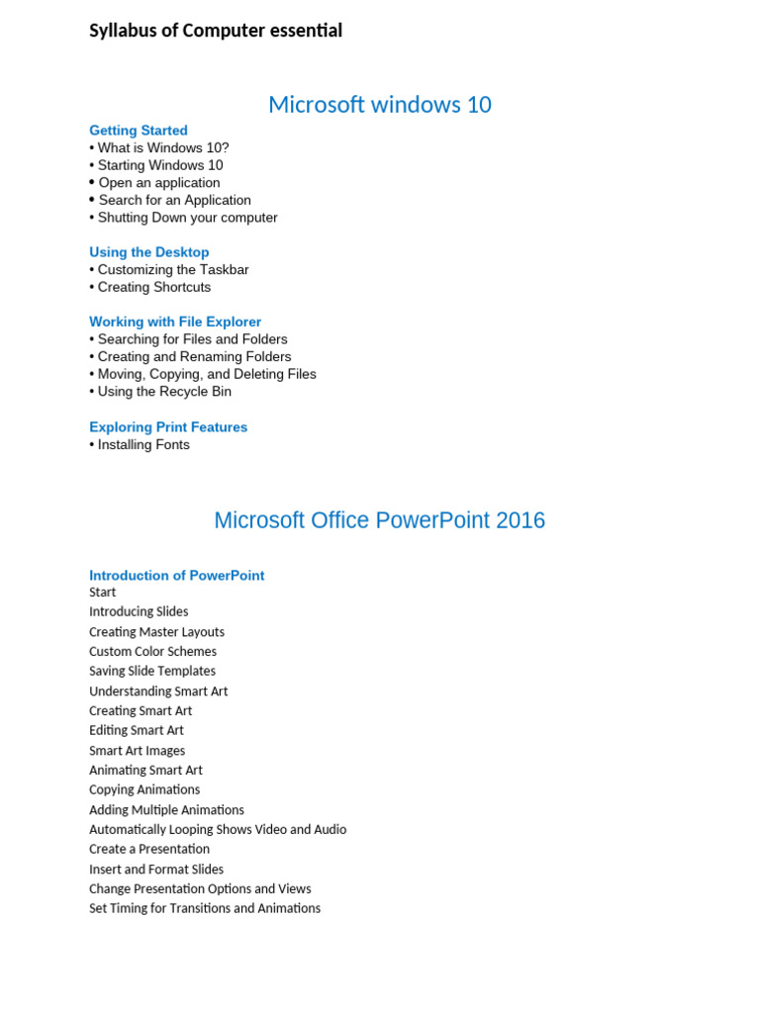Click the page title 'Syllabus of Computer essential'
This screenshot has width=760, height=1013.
tap(216, 31)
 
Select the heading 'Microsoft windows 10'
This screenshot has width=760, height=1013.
tap(379, 104)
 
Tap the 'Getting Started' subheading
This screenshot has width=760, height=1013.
tap(138, 131)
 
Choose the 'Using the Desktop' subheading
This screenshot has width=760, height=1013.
tap(148, 252)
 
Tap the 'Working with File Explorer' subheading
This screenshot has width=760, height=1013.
tap(175, 322)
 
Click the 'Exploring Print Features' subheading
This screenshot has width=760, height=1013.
tap(168, 427)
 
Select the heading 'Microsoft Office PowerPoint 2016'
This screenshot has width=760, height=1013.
tap(379, 520)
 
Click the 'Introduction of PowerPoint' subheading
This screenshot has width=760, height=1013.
tap(176, 576)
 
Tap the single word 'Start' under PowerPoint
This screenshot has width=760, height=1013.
tap(103, 593)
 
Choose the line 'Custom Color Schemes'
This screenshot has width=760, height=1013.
tap(152, 652)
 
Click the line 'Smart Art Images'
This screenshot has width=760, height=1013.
tap(137, 751)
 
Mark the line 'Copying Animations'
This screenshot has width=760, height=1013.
tap(144, 790)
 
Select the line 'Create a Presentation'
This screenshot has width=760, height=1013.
tap(149, 849)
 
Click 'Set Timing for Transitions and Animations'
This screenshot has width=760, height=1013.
tap(205, 908)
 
